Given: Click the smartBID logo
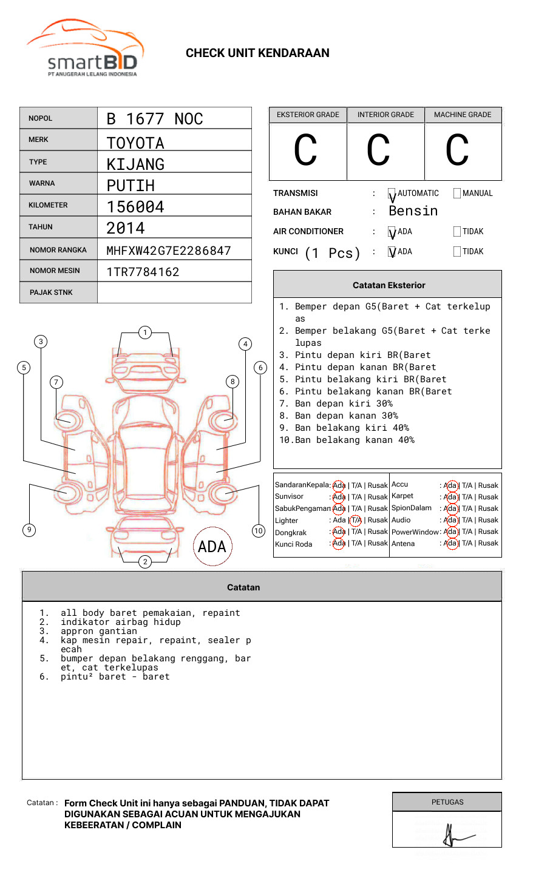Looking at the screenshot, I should point(85,49).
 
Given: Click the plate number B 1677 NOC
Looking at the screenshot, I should point(154,119).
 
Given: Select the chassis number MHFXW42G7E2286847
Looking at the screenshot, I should point(168,251).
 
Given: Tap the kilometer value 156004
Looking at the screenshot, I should point(135,207).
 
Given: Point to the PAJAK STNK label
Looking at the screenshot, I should point(51,292).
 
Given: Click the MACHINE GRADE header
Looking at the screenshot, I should point(463,115).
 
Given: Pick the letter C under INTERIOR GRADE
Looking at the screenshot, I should point(378,150).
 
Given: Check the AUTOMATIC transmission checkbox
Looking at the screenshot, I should point(392,194).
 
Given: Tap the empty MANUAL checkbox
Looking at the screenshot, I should point(457,193).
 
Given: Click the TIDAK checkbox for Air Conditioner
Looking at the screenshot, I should point(457,231).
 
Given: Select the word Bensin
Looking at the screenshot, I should point(413,211).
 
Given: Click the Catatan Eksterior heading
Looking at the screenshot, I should point(389,285).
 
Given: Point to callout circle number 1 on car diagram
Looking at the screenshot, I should point(144,332).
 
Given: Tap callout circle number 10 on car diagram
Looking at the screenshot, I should point(259,531).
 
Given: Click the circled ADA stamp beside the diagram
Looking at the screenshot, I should point(212,547).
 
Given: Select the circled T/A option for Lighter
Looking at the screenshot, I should point(356,520).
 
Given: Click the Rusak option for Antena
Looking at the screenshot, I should point(488,543).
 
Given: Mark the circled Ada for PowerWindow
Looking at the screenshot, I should point(450,532).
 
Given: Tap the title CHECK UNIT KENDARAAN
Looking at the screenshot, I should point(257,53).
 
